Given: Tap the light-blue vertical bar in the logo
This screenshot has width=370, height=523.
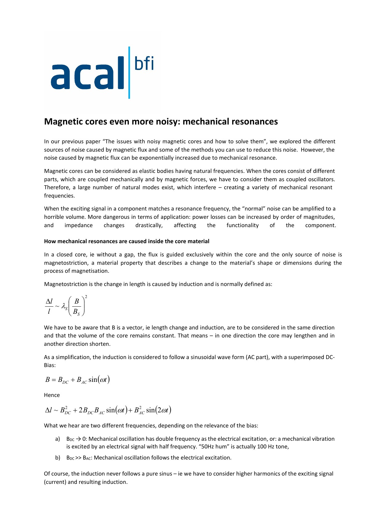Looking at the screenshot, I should [129, 73].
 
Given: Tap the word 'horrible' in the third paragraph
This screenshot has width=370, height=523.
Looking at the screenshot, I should [54, 217].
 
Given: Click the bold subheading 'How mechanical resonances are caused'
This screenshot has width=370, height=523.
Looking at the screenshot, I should [126, 241].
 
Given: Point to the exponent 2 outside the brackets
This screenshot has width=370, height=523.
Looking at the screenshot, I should [86, 297].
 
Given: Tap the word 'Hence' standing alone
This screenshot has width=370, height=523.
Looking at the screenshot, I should [52, 395].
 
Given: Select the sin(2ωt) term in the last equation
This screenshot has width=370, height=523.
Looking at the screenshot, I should [158, 410].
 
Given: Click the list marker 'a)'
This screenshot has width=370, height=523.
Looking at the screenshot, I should [58, 439].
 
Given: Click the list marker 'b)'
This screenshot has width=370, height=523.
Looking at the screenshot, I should [58, 458].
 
